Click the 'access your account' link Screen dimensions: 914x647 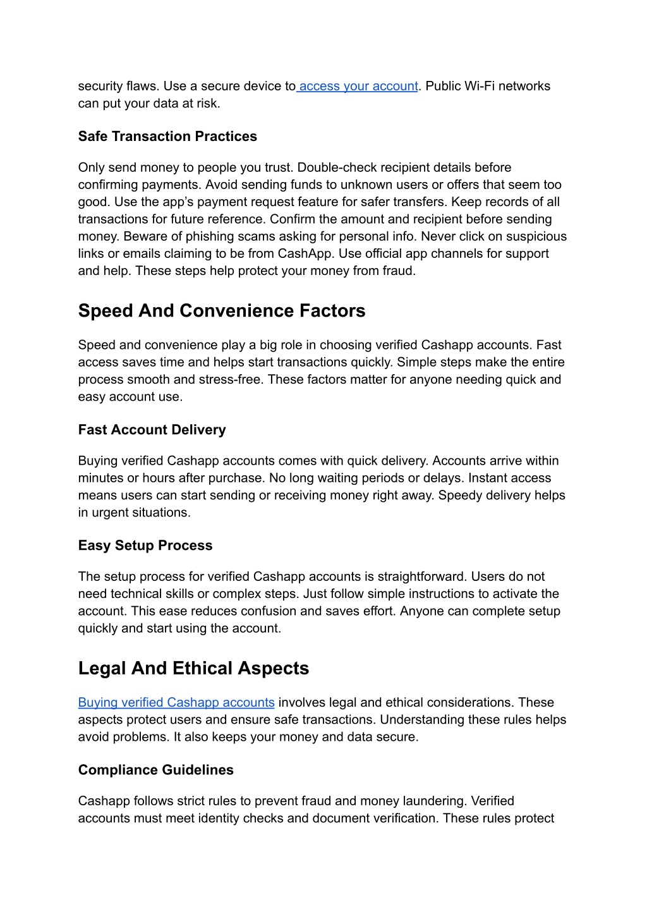[358, 86]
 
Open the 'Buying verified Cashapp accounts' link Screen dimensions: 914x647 [176, 702]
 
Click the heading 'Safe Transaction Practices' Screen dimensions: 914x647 [167, 137]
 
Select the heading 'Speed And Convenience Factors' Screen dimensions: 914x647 [222, 311]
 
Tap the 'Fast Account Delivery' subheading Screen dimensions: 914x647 [152, 430]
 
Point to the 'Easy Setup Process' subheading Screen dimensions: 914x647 [145, 545]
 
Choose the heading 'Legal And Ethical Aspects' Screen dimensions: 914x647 [193, 669]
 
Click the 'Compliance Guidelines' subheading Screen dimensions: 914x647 [156, 770]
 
